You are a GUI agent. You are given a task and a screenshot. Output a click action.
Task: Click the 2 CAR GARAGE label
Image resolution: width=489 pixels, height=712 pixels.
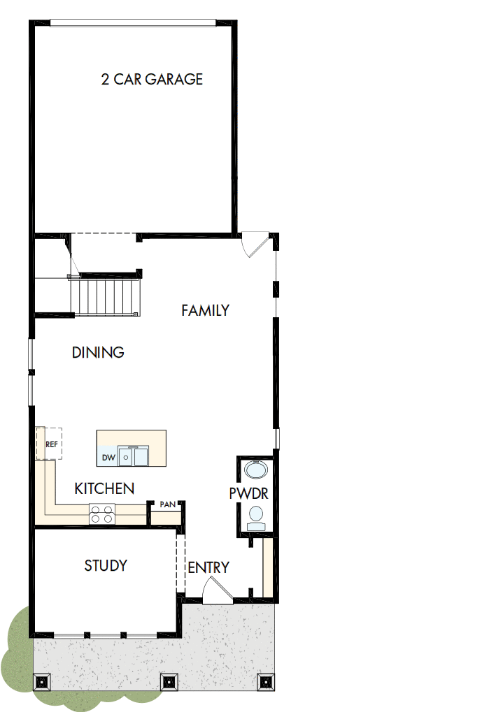[152, 79]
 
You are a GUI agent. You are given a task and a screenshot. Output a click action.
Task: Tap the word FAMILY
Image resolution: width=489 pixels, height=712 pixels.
[205, 310]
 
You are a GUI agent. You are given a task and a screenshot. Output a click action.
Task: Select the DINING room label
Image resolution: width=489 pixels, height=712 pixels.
[98, 353]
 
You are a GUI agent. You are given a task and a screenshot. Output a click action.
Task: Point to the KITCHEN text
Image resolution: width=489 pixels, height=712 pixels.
[104, 488]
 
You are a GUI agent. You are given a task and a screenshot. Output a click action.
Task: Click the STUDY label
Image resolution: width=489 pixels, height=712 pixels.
[106, 565]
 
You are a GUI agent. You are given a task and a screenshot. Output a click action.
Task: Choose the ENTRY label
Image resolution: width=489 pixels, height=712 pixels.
[208, 567]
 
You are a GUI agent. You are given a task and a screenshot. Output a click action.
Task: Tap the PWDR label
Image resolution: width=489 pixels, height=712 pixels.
[248, 493]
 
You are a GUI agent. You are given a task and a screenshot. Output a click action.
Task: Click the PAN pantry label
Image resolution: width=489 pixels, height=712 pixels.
[167, 504]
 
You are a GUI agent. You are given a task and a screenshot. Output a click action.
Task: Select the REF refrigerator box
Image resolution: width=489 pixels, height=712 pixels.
[50, 444]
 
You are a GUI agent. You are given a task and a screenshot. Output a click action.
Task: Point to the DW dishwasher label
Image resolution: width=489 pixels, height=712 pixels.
[108, 458]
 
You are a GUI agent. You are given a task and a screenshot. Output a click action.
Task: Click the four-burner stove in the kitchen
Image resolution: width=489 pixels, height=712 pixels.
[101, 514]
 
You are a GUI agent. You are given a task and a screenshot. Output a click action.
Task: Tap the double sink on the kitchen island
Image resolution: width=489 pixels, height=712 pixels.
[133, 456]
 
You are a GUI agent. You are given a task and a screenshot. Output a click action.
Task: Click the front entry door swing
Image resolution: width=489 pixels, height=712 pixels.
[215, 593]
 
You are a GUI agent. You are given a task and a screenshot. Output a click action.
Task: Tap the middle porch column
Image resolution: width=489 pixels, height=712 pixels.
[168, 681]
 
